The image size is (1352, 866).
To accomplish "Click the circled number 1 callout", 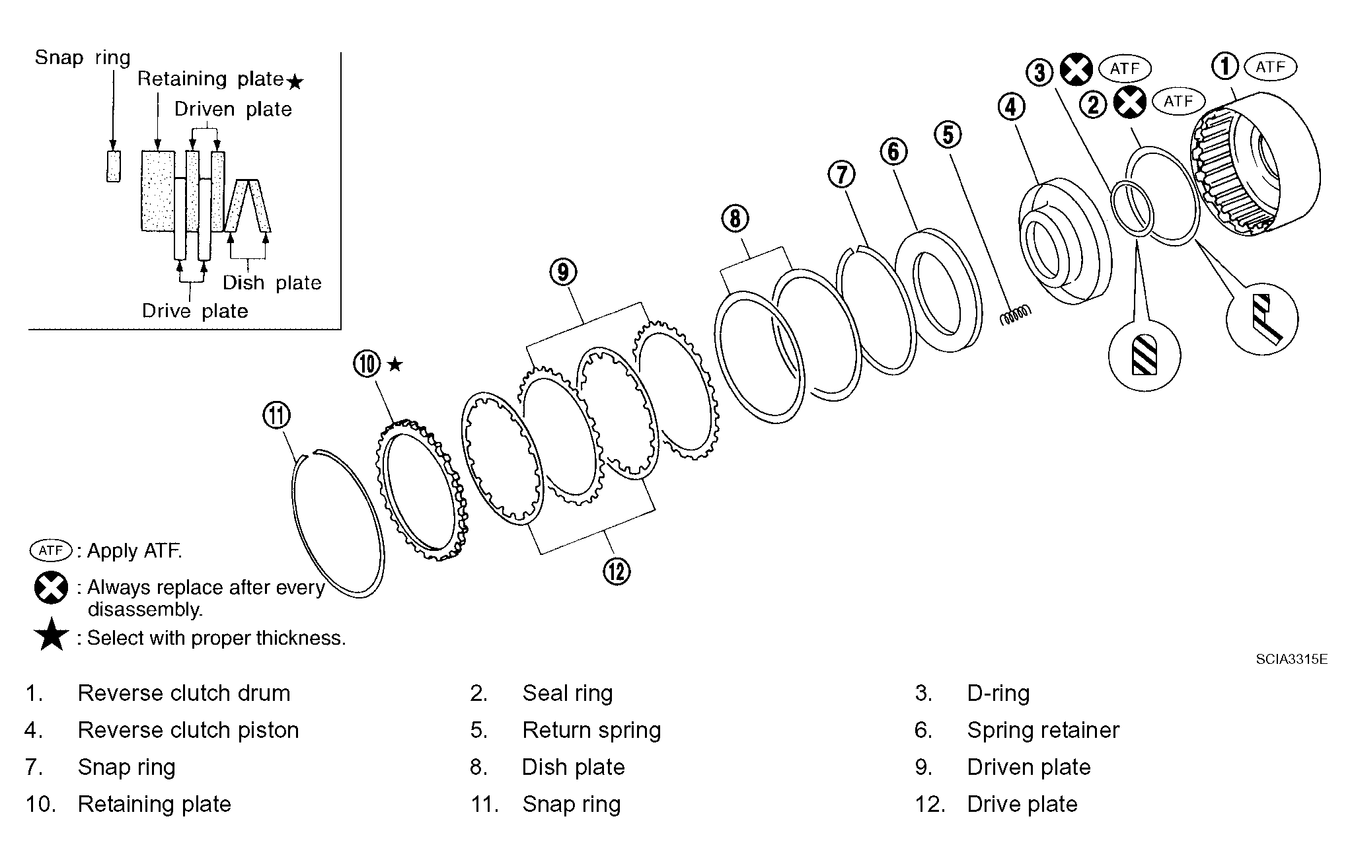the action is pyautogui.click(x=1224, y=66).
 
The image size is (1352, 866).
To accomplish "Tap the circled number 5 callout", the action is pyautogui.click(x=948, y=135).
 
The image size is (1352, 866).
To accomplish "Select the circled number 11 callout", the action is pyautogui.click(x=276, y=415).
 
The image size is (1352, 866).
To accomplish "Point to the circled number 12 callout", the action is pyautogui.click(x=617, y=571).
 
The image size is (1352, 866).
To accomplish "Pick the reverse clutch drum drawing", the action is pyautogui.click(x=1255, y=163).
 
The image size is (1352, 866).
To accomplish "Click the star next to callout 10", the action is pyautogui.click(x=394, y=364).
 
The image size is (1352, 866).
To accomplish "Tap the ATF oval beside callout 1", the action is pyautogui.click(x=1270, y=67).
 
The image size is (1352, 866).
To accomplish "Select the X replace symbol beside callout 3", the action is pyautogui.click(x=1076, y=69).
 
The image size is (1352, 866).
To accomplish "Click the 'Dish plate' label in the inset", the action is pyautogui.click(x=272, y=283).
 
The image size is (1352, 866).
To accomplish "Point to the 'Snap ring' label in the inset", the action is pyautogui.click(x=83, y=57).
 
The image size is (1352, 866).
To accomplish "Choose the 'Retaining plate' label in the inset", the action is pyautogui.click(x=211, y=79).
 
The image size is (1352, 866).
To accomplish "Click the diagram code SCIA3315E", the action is pyautogui.click(x=1292, y=659).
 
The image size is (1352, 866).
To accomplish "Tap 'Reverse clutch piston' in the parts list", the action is pyautogui.click(x=188, y=730).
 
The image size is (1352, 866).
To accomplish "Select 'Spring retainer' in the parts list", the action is pyautogui.click(x=1043, y=730).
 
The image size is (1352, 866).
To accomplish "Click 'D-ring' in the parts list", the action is pyautogui.click(x=998, y=693).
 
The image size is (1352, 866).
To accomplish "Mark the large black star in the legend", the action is pyautogui.click(x=51, y=635).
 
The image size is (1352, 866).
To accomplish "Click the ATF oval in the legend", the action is pyautogui.click(x=51, y=550).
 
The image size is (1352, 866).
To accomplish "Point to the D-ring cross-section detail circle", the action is pyautogui.click(x=1144, y=355).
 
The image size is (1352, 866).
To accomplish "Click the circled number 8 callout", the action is pyautogui.click(x=735, y=218).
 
